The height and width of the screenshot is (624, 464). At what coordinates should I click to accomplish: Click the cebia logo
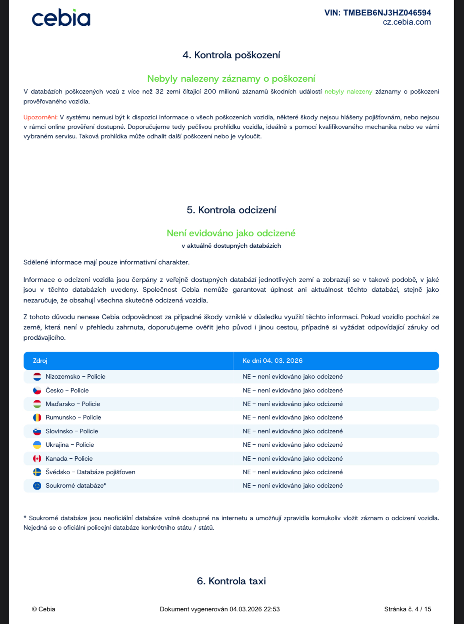pyautogui.click(x=61, y=18)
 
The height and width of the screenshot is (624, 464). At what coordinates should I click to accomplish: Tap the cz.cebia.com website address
pyautogui.click(x=406, y=22)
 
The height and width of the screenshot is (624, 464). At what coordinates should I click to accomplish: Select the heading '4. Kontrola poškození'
pyautogui.click(x=231, y=55)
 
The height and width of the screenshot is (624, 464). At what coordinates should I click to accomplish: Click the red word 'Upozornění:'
pyautogui.click(x=40, y=117)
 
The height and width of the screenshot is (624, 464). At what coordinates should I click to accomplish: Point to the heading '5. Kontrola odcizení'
pyautogui.click(x=231, y=210)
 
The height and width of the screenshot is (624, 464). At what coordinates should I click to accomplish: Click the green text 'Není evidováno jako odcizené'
pyautogui.click(x=231, y=233)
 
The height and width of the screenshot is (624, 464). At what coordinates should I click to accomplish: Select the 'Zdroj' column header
pyautogui.click(x=40, y=361)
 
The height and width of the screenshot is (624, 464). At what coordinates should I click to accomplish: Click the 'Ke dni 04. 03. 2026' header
pyautogui.click(x=272, y=361)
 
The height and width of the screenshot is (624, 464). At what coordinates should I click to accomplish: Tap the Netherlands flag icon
pyautogui.click(x=37, y=377)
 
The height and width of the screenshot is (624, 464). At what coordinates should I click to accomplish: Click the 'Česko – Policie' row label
pyautogui.click(x=67, y=390)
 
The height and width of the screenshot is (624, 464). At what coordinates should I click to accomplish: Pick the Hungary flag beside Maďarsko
pyautogui.click(x=37, y=404)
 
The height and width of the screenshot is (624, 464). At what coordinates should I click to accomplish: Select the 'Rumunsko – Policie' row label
pyautogui.click(x=73, y=417)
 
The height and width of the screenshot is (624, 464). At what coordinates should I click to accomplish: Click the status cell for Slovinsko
pyautogui.click(x=292, y=431)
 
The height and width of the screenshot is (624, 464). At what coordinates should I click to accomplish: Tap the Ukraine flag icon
pyautogui.click(x=37, y=445)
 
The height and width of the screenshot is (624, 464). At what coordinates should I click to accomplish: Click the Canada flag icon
pyautogui.click(x=37, y=459)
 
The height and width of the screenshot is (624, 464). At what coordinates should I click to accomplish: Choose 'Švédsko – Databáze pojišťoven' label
pyautogui.click(x=90, y=472)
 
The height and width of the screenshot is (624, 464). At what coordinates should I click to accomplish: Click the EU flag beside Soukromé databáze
pyautogui.click(x=37, y=486)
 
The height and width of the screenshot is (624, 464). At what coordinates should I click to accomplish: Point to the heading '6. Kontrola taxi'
pyautogui.click(x=231, y=581)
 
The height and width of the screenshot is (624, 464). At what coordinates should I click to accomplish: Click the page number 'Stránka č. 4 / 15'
pyautogui.click(x=407, y=609)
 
